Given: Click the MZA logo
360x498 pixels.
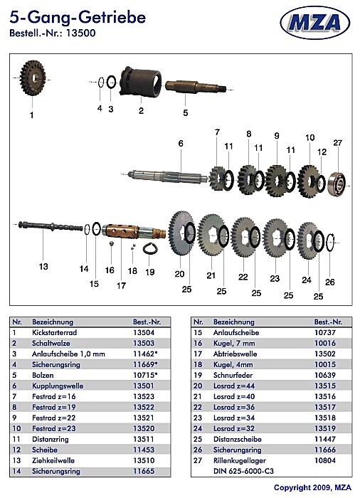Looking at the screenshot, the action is pyautogui.click(x=315, y=23).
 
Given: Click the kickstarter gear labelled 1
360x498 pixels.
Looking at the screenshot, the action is pyautogui.click(x=33, y=78).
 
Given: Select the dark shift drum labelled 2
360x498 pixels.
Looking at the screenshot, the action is pyautogui.click(x=141, y=81).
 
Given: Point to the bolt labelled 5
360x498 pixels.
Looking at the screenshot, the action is pyautogui.click(x=196, y=86).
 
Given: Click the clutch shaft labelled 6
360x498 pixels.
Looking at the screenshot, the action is pyautogui.click(x=168, y=176).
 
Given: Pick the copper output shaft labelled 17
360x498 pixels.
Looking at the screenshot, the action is pyautogui.click(x=134, y=231).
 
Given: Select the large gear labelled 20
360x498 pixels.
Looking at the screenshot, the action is pyautogui.click(x=181, y=233).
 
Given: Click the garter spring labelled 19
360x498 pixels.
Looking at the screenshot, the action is pyautogui.click(x=150, y=248).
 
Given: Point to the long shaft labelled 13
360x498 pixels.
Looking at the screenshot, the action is pyautogui.click(x=51, y=226).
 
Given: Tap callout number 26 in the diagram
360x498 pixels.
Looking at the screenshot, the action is pyautogui.click(x=330, y=282).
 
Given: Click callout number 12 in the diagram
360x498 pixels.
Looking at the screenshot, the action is pyautogui.click(x=322, y=152).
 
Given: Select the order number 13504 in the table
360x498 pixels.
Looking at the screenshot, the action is pyautogui.click(x=144, y=332).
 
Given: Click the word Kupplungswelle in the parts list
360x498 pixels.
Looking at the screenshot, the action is pyautogui.click(x=58, y=386).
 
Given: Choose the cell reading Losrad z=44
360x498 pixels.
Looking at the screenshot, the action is pyautogui.click(x=234, y=386).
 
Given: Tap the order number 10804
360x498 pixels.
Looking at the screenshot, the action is pyautogui.click(x=325, y=460).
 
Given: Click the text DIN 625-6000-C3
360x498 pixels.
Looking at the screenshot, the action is pyautogui.click(x=243, y=471).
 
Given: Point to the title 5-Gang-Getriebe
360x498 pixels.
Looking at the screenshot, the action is pyautogui.click(x=78, y=17).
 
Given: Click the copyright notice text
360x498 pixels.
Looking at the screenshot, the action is pyautogui.click(x=312, y=487).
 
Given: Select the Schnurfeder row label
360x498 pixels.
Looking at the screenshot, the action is pyautogui.click(x=233, y=375).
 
